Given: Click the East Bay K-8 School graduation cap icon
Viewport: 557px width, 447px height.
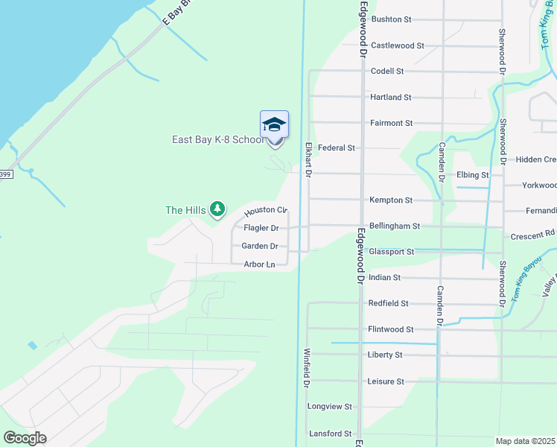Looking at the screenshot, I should click(274, 124).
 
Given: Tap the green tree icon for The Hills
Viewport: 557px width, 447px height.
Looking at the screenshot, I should click(217, 210).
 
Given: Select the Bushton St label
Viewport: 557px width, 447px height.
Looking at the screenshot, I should click(391, 19).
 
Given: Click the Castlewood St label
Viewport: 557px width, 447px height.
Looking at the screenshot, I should click(397, 45).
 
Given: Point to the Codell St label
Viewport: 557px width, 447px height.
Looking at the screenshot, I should click(386, 72).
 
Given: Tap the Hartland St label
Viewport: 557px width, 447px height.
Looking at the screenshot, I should click(390, 98).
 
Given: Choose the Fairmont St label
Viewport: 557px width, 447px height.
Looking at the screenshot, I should click(391, 123).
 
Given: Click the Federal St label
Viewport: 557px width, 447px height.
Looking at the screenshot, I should click(336, 148).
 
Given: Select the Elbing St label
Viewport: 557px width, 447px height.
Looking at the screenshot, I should click(474, 175).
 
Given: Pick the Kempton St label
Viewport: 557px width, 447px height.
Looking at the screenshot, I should click(390, 200).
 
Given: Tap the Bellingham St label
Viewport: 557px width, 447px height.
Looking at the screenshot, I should click(395, 226).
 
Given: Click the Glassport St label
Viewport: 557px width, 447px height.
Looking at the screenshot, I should click(391, 252).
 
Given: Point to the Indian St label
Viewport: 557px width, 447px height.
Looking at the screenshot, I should click(384, 278).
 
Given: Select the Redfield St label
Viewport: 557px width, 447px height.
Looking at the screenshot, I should click(388, 304).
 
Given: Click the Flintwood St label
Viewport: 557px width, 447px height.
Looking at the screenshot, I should click(390, 329).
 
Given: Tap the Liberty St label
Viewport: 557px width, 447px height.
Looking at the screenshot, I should click(384, 355).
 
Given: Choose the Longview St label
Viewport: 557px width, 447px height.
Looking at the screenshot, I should click(328, 408).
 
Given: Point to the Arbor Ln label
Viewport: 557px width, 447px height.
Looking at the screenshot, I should click(259, 264).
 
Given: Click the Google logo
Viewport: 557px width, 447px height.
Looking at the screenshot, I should click(25, 438).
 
